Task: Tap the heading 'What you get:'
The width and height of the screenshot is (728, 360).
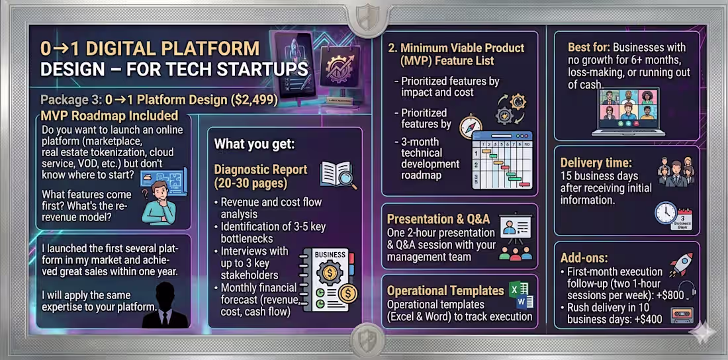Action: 254,144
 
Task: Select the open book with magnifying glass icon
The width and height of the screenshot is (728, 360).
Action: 339,175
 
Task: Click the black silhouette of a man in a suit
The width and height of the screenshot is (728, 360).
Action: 165,304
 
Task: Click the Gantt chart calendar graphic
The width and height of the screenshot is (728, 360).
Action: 502,159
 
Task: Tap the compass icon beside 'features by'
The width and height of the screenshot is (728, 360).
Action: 471,126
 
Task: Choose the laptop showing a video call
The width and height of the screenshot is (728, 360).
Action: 628,111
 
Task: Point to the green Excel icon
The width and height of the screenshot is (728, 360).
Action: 516,291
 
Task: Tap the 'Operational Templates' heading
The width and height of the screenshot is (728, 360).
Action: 445,291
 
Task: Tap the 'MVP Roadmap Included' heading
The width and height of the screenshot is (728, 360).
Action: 109,114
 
